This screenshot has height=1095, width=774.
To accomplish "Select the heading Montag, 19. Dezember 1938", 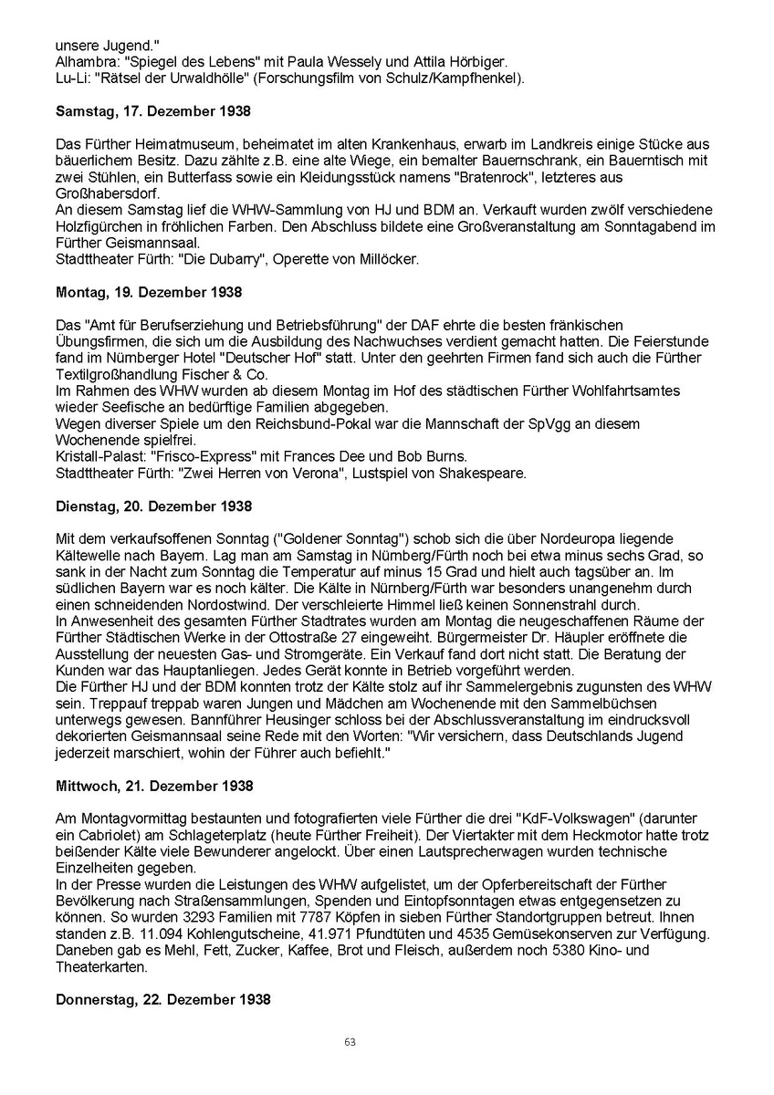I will coord(149,293).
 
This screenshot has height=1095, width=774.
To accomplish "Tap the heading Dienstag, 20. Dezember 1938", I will coord(153,506).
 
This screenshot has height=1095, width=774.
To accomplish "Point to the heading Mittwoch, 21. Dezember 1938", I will coord(154,786).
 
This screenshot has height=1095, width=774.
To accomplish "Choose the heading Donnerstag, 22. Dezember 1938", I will coord(163,999).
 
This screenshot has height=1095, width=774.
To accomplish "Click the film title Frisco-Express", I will coord(189,457).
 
